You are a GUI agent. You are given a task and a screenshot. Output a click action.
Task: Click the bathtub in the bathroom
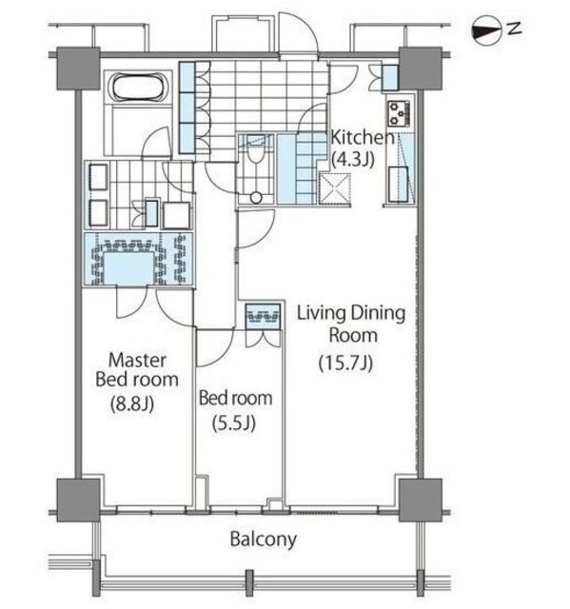point(140,88)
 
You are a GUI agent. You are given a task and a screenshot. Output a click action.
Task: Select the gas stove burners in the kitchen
point(399,113)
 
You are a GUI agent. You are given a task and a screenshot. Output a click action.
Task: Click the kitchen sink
point(398,184)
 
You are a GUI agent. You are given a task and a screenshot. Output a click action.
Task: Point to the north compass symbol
point(485,29)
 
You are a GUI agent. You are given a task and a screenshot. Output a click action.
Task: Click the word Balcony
point(264,540)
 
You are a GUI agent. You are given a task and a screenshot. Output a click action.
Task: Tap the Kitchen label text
point(363,137)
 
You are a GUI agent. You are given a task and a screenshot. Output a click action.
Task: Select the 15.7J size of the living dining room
point(346,363)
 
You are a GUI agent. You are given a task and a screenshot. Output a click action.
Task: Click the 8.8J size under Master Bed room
point(132,403)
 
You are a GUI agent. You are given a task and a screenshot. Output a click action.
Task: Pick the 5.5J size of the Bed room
point(234,422)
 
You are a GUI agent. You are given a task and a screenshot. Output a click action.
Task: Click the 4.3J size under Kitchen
point(353,159)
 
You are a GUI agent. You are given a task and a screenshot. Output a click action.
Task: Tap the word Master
point(137,360)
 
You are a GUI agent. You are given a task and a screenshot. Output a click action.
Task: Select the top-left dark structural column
point(78,69)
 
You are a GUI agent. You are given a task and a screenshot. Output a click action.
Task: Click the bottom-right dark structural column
point(421,500)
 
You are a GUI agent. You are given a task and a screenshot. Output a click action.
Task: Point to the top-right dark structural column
point(421,69)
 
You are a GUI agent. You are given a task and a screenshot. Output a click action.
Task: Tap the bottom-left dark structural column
point(78,501)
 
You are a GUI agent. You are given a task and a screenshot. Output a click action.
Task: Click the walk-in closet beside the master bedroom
point(139,259)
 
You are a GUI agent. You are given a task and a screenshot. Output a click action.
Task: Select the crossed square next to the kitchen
point(335,189)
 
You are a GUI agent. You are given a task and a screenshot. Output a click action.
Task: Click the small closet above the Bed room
point(264,317)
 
